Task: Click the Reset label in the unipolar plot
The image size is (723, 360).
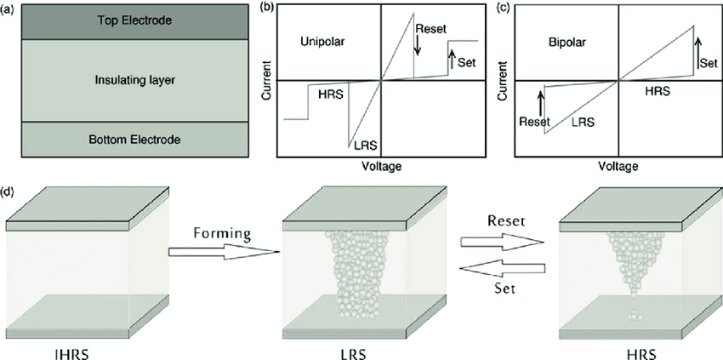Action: pyautogui.click(x=430, y=28)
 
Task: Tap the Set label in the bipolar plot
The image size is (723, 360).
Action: pyautogui.click(x=707, y=62)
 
